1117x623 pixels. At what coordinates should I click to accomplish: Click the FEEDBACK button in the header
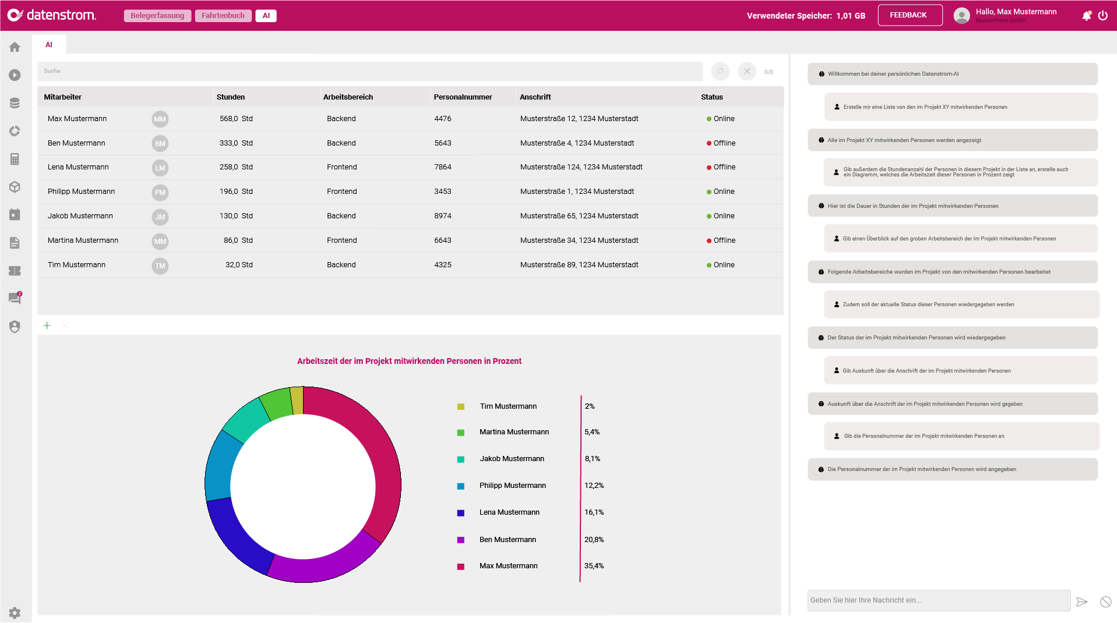coord(910,15)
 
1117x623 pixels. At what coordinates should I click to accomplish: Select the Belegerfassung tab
coord(157,16)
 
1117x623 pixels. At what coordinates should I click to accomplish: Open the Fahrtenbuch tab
coord(223,16)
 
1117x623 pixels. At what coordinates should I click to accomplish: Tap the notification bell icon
coord(1086,16)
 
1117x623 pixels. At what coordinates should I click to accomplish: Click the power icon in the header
coord(1103,16)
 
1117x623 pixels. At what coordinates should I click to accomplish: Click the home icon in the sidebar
coord(15,47)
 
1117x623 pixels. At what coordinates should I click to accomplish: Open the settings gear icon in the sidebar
coord(15,613)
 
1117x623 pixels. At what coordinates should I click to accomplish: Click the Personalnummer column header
coord(463,97)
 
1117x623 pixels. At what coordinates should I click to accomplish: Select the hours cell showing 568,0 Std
coord(236,119)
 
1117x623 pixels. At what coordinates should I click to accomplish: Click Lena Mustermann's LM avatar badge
coord(160,168)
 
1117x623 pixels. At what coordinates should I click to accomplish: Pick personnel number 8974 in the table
coord(443,216)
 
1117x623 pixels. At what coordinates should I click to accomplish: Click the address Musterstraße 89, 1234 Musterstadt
coord(579,265)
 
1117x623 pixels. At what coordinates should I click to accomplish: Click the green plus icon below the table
coord(47,325)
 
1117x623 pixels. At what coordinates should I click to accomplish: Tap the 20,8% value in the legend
coord(594,540)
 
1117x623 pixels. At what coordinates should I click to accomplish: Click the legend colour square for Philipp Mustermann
coord(461,486)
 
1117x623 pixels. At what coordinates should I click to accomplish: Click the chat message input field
coord(938,600)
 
